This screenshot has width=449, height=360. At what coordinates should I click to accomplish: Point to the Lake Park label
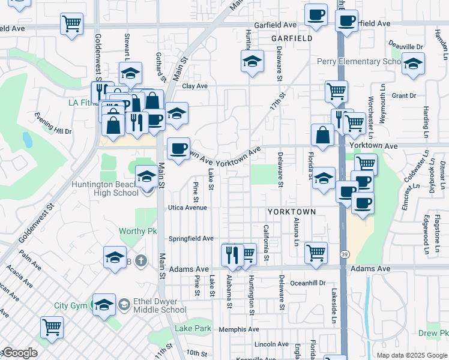point(193,328)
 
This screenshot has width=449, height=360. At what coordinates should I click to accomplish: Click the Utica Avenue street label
point(187,208)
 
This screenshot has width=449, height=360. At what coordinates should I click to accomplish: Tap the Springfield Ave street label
point(191,238)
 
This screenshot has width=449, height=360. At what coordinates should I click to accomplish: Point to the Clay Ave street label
point(195,86)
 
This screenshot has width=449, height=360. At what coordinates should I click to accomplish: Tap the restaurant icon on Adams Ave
point(232,254)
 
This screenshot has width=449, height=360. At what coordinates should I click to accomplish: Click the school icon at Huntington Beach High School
point(146,176)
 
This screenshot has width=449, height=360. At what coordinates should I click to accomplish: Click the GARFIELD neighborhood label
point(292,38)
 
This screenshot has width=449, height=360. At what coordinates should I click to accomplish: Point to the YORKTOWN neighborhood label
point(292,212)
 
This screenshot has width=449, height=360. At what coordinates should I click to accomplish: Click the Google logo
point(19,353)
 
